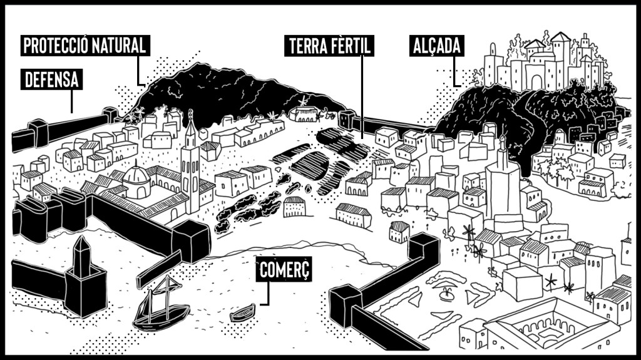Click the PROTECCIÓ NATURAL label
click(85, 45)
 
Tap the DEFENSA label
click(52, 80)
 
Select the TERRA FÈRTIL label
click(330, 46)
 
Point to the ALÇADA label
click(437, 46)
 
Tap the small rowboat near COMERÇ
click(242, 312)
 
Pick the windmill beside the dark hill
click(302, 101)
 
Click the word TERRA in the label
click(306, 46)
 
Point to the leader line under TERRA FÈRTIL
click(362, 94)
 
